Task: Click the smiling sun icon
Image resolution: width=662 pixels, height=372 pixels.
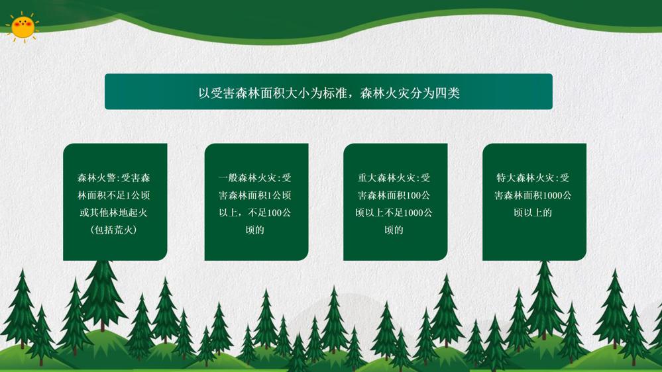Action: pos(23,26)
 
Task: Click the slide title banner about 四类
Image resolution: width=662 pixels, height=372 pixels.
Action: pos(329,92)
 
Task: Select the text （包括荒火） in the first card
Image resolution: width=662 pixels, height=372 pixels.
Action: pos(114,230)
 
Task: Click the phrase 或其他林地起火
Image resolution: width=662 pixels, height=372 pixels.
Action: pos(114,212)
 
